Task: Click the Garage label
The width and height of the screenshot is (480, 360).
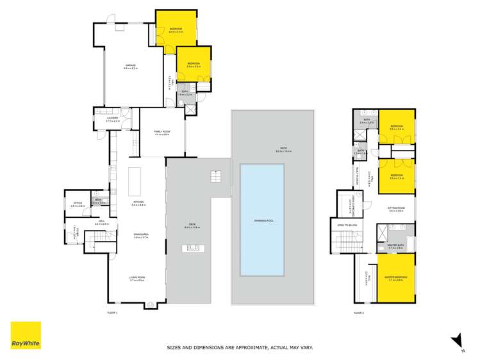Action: click(x=131, y=65)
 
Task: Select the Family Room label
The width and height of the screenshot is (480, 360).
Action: click(x=161, y=132)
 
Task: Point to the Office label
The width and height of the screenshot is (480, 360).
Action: click(x=78, y=203)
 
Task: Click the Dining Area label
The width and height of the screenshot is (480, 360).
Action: click(x=141, y=235)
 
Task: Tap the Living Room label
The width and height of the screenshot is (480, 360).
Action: click(x=138, y=278)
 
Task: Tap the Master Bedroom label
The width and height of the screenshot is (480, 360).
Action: click(x=396, y=277)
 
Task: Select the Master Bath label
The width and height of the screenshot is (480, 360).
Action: click(x=395, y=245)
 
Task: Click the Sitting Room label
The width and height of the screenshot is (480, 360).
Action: click(x=397, y=209)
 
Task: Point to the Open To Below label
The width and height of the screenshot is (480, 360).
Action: click(x=345, y=225)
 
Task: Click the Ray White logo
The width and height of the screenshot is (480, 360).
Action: click(x=26, y=335)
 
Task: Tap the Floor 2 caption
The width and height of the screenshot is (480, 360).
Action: click(x=358, y=313)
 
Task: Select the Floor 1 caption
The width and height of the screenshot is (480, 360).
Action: click(x=112, y=313)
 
